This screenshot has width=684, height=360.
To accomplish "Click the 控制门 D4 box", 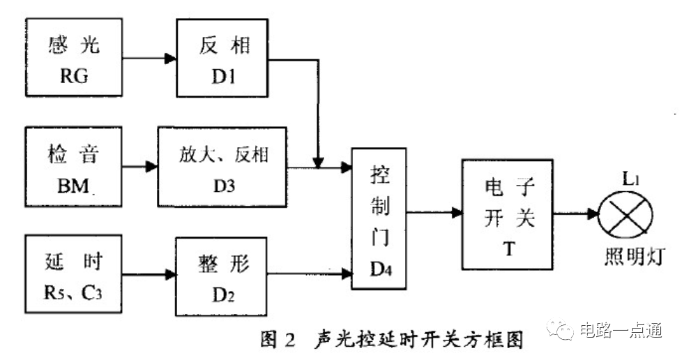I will coord(379,217).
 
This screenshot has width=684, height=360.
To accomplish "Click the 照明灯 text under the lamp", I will coord(634,260).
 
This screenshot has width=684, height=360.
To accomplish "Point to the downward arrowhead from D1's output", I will coord(318,163).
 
